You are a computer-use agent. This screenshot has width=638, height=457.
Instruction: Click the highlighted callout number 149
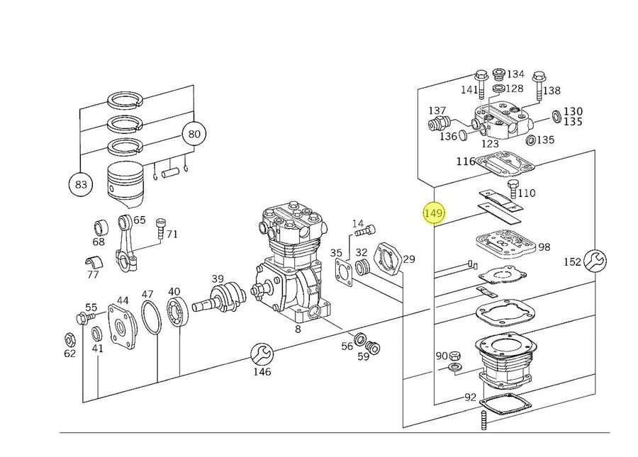tap(432, 213)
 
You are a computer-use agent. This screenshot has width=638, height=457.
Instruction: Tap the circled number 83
tap(81, 185)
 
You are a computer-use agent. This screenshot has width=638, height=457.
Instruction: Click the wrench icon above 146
tap(262, 352)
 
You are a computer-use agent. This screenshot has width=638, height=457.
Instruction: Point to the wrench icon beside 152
tap(593, 261)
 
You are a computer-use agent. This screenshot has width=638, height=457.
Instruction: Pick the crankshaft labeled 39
tap(225, 297)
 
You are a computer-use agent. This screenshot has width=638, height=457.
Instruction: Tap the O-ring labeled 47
tap(150, 315)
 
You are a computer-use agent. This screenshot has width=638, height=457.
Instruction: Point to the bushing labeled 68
tap(100, 230)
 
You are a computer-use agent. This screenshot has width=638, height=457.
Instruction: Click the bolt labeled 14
tap(366, 230)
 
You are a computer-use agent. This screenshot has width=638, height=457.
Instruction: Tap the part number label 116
tap(465, 162)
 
